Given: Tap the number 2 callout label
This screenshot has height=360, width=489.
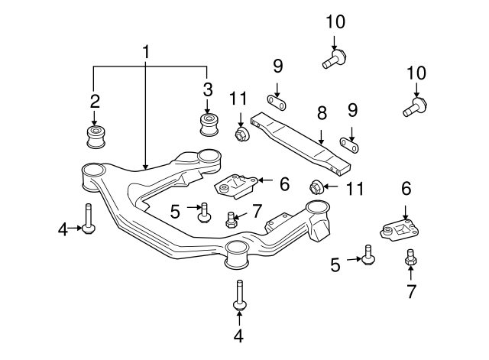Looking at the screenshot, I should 95,101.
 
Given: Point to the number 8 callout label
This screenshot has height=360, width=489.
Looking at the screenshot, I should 322,114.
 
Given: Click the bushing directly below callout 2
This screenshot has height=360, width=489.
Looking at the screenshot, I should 96,138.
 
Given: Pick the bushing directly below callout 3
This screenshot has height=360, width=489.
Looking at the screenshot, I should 207,124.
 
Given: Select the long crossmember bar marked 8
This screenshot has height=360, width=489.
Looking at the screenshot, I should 306,141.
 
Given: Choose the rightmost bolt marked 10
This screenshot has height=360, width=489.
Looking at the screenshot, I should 414,105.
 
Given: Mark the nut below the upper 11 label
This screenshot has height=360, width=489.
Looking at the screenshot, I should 241,135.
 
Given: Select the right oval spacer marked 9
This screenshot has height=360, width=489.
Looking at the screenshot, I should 351,141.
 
